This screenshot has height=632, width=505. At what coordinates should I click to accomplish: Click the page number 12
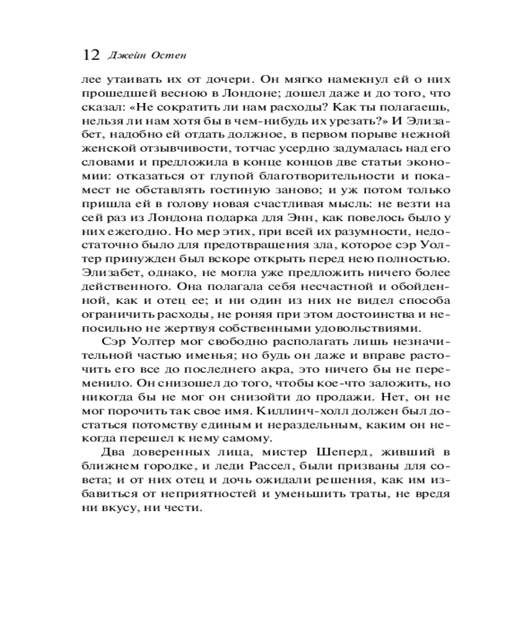91,54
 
